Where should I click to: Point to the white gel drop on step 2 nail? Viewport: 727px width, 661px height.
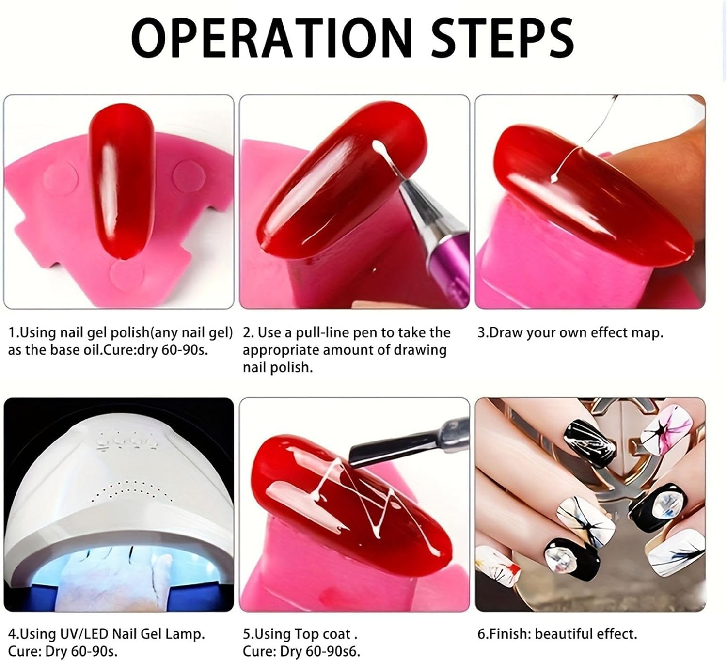pyautogui.click(x=378, y=145)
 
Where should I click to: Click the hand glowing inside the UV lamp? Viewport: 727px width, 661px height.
pyautogui.click(x=121, y=577)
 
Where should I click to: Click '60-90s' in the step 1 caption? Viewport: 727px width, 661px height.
pyautogui.click(x=184, y=350)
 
